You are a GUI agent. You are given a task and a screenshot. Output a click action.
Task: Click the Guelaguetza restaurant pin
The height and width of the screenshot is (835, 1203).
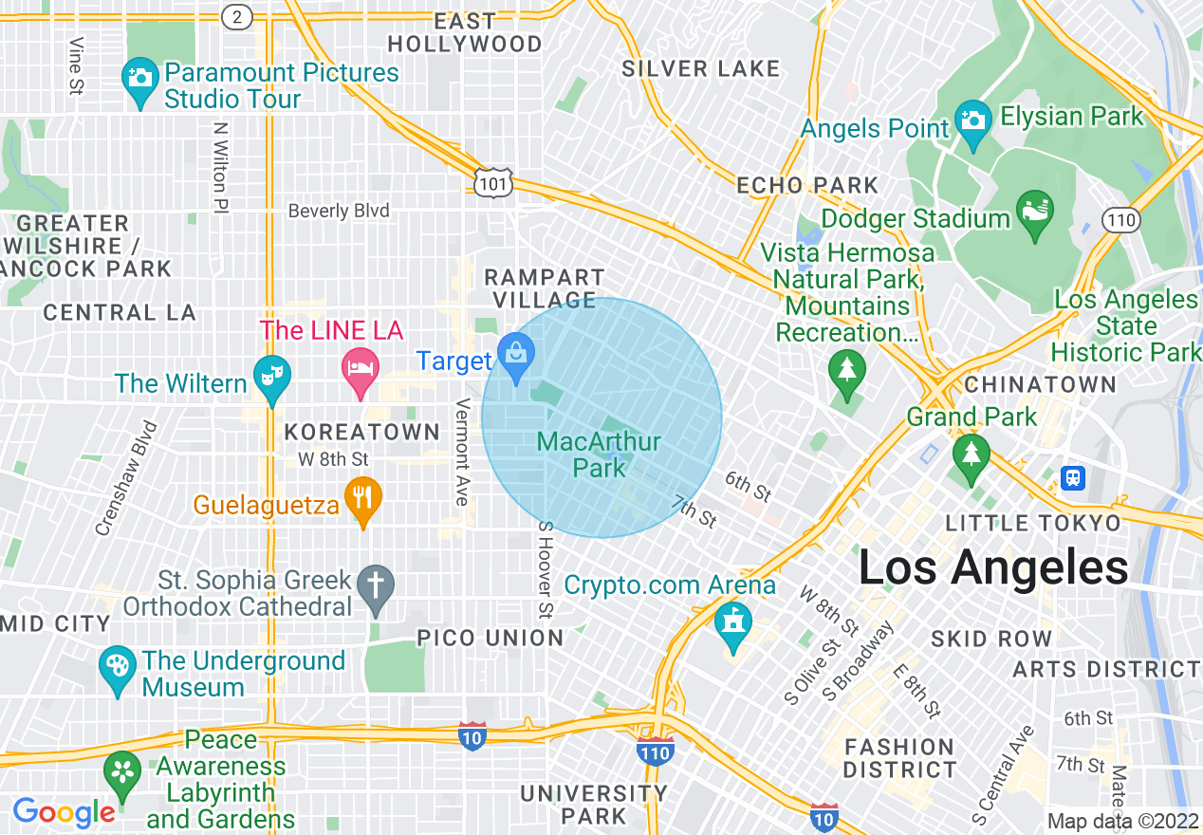pyautogui.click(x=362, y=499)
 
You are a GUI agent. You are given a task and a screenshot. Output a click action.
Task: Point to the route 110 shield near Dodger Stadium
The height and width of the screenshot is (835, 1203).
pyautogui.click(x=1120, y=220)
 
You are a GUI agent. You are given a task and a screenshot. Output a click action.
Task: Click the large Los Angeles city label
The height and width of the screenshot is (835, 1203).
pyautogui.click(x=992, y=567)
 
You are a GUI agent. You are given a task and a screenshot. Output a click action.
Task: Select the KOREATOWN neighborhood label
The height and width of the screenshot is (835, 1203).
pyautogui.click(x=362, y=433)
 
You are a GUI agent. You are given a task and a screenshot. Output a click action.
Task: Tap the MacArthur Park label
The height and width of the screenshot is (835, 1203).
pyautogui.click(x=598, y=455)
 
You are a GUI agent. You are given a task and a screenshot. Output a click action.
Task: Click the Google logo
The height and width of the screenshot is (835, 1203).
pyautogui.click(x=64, y=812)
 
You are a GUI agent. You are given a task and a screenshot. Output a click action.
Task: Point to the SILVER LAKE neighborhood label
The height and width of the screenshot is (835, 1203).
pyautogui.click(x=700, y=68)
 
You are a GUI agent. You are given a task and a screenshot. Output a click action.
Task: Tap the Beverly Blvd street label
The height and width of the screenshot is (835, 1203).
pyautogui.click(x=339, y=211)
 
